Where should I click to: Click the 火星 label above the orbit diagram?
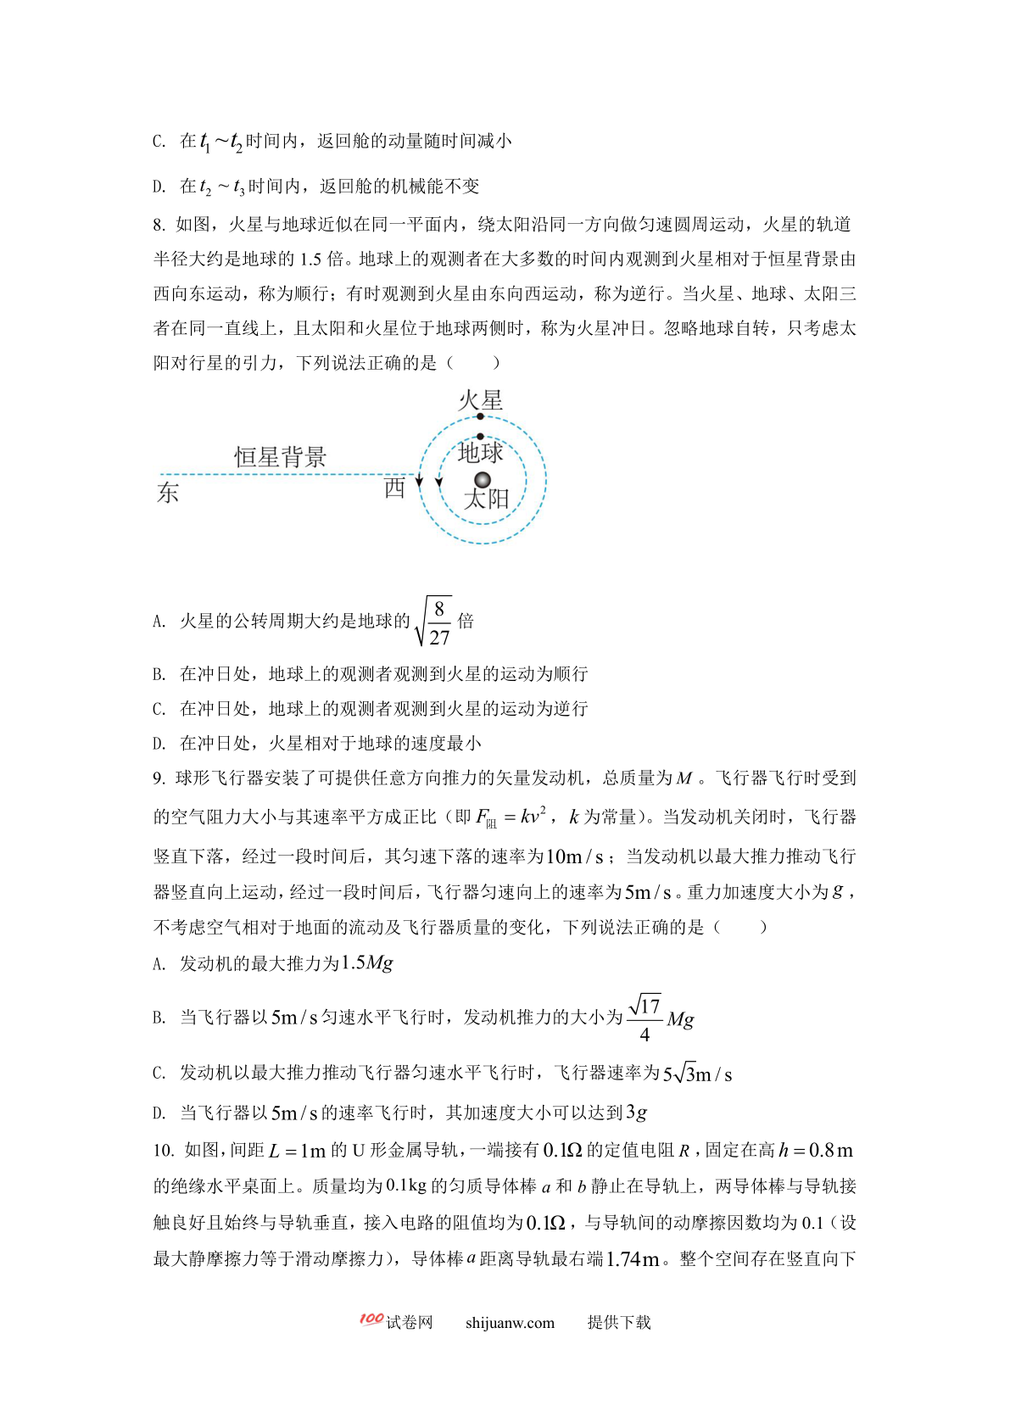[480, 399]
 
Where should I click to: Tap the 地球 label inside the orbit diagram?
[480, 452]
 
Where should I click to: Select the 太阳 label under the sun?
[486, 499]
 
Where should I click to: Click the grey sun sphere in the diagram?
[483, 480]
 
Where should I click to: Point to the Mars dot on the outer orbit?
[480, 416]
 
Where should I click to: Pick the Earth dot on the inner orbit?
[480, 437]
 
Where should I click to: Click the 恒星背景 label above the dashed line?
[280, 457]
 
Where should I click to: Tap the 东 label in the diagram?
[168, 492]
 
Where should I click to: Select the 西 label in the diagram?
[394, 488]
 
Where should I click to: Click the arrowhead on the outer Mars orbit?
[419, 481]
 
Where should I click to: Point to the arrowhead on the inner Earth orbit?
[438, 483]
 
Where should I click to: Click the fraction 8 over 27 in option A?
[438, 622]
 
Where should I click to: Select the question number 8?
[159, 225]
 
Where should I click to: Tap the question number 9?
[159, 778]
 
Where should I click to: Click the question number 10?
[163, 1151]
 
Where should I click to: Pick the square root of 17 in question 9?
[645, 1006]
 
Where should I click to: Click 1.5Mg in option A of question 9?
[366, 962]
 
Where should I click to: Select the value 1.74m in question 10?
[633, 1259]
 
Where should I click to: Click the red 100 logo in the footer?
[371, 1319]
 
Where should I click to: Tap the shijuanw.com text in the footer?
[510, 1323]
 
